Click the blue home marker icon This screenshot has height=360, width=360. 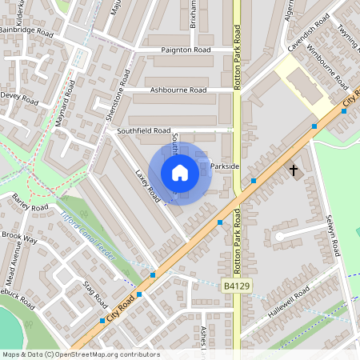[180, 173]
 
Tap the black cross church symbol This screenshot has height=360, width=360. [294, 170]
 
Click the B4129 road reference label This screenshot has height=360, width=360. [236, 286]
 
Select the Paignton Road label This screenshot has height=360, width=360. [186, 50]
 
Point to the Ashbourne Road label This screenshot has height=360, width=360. [178, 90]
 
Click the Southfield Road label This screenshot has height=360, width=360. [144, 130]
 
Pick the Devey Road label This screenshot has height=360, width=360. [19, 99]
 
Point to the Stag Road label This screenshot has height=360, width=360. [95, 295]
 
